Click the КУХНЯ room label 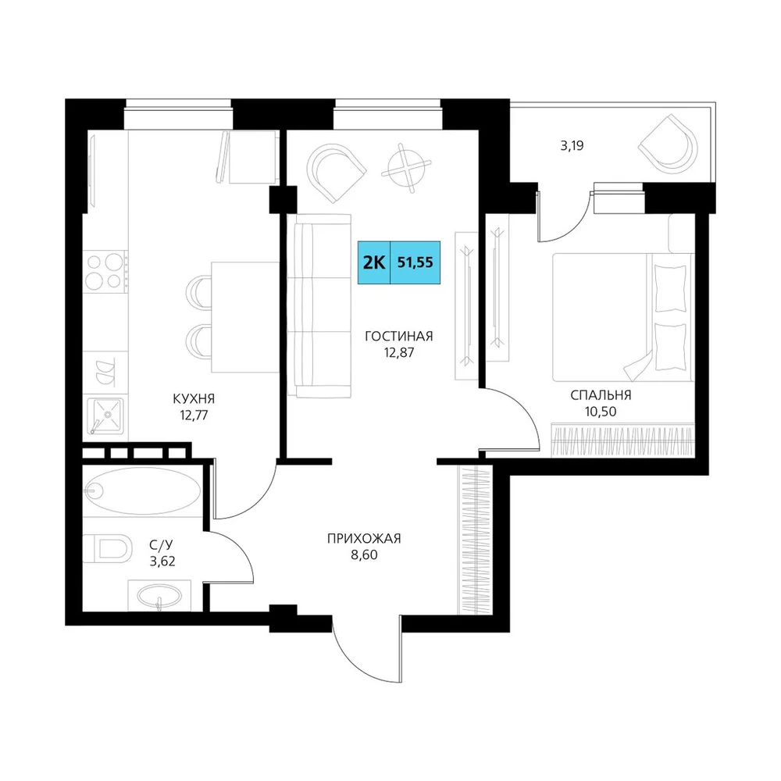coord(194,398)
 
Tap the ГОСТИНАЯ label coord(399,336)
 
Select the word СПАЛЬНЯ coord(601,395)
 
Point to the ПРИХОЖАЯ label coord(364,538)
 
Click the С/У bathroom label coord(162,545)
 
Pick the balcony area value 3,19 coord(572,146)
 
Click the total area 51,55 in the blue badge coord(415,262)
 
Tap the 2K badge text coord(374,262)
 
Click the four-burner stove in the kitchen coord(105,272)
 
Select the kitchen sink coord(105,415)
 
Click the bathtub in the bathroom coord(142,490)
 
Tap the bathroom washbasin coord(159,595)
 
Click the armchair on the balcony coord(669,144)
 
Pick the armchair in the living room coord(336,173)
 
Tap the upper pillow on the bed coord(670,289)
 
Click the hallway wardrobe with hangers coord(475,540)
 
